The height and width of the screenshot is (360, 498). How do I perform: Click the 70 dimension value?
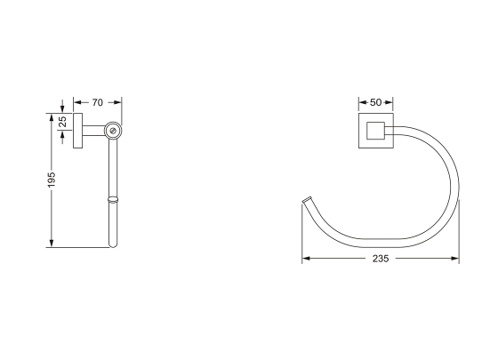[97, 102]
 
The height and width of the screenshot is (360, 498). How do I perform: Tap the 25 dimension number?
[62, 122]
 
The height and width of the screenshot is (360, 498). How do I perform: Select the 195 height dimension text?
[52, 180]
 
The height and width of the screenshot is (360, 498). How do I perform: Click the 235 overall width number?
[382, 259]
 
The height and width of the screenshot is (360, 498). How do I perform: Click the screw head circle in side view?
[112, 131]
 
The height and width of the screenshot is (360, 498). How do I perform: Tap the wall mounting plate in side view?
[77, 131]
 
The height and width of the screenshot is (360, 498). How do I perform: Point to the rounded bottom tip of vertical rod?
[112, 244]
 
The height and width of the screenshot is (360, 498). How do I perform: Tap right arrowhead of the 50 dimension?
[394, 102]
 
